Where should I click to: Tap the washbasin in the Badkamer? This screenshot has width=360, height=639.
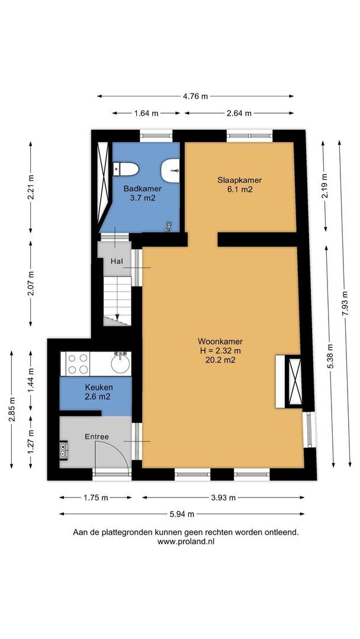click(171, 170)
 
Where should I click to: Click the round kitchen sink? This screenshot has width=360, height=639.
click(120, 362)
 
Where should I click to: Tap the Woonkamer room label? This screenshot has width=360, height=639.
click(220, 341)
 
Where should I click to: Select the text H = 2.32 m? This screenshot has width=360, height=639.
click(220, 350)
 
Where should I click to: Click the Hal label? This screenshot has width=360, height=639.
click(117, 261)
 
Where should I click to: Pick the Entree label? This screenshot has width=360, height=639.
click(97, 437)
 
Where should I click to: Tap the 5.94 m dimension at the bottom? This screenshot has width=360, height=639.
click(182, 514)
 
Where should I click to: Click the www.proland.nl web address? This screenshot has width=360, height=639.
click(185, 541)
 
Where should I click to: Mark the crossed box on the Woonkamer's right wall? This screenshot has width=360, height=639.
click(293, 382)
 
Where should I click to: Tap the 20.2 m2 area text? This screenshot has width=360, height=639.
click(220, 359)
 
